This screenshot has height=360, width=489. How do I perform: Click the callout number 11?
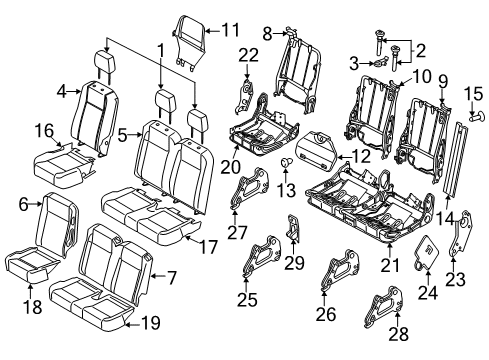(x=232, y=29)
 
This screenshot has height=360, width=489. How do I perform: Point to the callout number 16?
(x=42, y=130)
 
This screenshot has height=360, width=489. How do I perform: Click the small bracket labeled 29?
(x=293, y=228)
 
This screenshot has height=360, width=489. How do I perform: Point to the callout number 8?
(x=268, y=34)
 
